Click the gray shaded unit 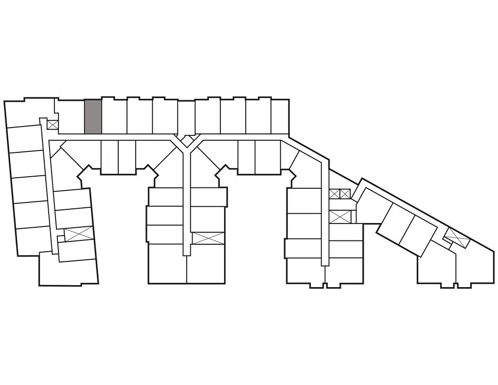click(93, 116)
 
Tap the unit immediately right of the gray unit click(114, 116)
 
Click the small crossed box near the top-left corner click(53, 125)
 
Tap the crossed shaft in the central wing click(208, 238)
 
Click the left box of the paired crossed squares click(334, 194)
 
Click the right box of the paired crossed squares click(345, 194)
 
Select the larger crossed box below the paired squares click(340, 217)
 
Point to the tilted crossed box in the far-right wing click(457, 237)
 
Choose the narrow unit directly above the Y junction click(186, 117)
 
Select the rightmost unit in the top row click(280, 116)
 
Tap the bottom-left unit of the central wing click(167, 263)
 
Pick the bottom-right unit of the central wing click(206, 263)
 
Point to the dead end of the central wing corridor click(186, 251)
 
